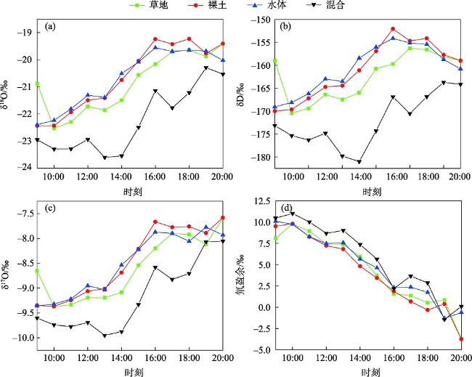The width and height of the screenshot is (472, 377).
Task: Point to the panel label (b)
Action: pos(286,27)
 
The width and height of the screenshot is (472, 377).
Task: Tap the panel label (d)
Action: pos(286,211)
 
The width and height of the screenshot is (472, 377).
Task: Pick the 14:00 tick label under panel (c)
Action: pos(121,359)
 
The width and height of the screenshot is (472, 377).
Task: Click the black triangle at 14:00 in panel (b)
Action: pos(359,162)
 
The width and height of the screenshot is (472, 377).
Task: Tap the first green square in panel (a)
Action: pos(38,84)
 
